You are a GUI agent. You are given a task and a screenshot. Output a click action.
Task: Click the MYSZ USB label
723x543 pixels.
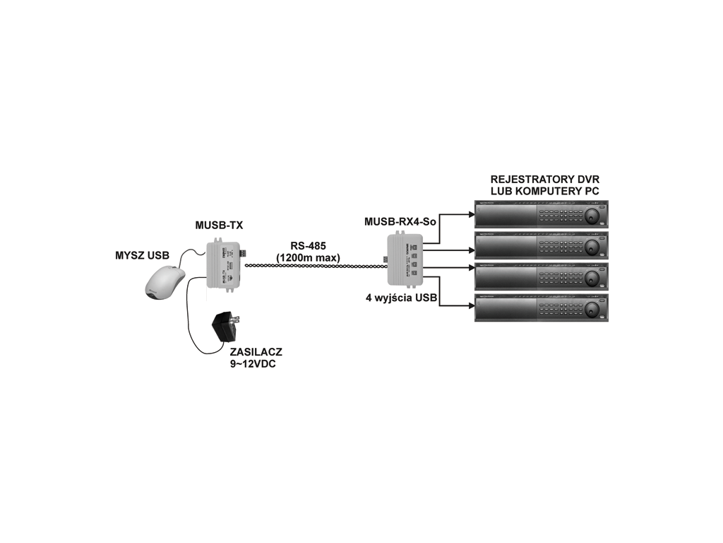point(143,255)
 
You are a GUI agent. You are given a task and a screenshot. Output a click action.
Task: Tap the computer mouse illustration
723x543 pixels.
point(165,281)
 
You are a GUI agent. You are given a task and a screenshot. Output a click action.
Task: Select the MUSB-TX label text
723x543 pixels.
point(219,226)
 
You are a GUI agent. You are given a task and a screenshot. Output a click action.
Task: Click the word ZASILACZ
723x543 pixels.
point(256,351)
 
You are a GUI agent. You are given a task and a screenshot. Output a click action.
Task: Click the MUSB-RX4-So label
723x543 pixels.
point(400,221)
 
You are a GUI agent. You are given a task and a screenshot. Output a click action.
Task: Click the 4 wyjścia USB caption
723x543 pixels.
point(400,297)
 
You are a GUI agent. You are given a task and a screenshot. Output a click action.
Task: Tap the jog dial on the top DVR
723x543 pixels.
point(592,214)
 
